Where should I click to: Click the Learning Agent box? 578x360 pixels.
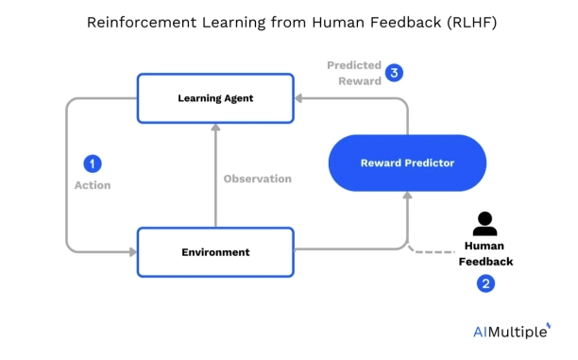[x=215, y=98]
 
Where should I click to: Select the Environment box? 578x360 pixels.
[x=215, y=252]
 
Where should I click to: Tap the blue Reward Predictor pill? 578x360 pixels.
[x=407, y=163]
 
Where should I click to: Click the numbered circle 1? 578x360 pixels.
[x=92, y=163]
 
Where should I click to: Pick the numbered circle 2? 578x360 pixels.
[x=485, y=283]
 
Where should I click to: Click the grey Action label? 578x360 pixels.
[x=93, y=185]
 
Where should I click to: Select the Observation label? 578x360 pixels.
[x=257, y=179]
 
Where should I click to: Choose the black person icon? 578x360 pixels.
[x=485, y=224]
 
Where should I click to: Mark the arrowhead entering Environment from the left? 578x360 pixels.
[x=132, y=252]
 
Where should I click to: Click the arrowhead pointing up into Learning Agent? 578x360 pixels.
[x=215, y=128]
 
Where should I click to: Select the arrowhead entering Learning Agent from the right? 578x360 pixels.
[x=299, y=97]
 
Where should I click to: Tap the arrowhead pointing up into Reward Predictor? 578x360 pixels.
[x=407, y=196]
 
